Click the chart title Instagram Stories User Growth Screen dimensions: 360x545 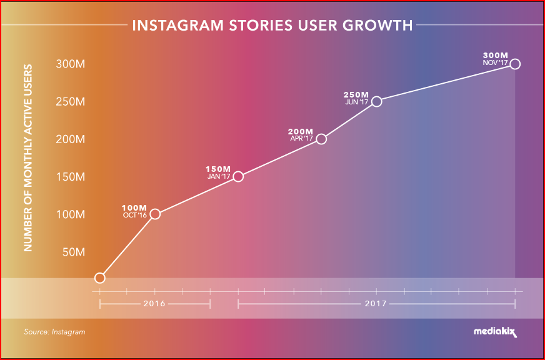tap(272, 26)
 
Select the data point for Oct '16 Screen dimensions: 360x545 tap(155, 214)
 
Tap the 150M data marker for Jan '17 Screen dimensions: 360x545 tap(237, 176)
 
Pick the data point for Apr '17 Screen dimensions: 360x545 tap(321, 139)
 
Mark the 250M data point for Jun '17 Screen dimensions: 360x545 tap(376, 101)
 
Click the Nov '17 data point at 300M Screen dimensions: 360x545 tap(515, 64)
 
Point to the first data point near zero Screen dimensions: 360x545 tap(99, 277)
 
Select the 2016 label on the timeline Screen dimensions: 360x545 tap(154, 304)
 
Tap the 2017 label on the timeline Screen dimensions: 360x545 tap(376, 304)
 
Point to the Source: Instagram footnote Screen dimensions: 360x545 tap(54, 332)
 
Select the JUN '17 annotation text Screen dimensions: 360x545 tap(357, 102)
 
